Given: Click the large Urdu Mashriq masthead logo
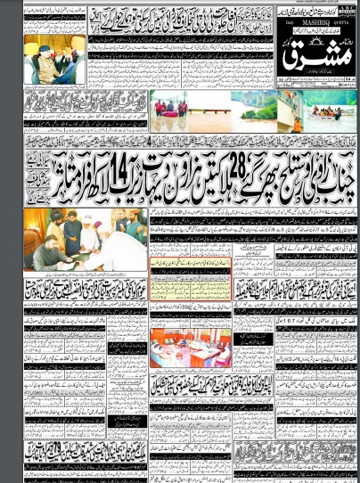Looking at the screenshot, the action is [x=316, y=57].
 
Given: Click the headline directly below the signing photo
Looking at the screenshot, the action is [x=85, y=288].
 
